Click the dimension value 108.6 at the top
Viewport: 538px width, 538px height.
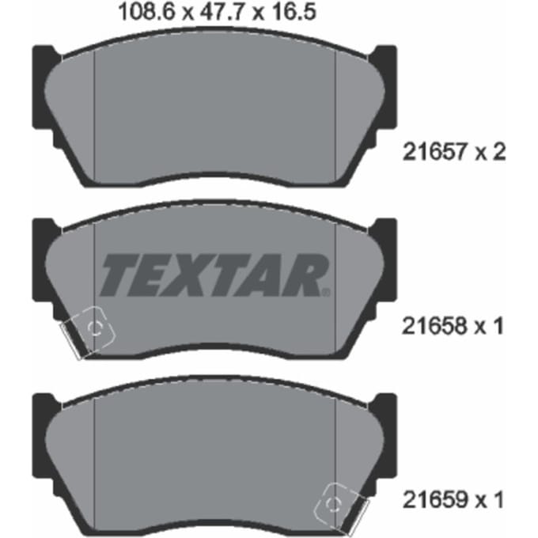point(146,12)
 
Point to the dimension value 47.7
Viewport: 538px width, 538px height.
point(222,12)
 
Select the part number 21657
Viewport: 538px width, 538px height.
point(435,152)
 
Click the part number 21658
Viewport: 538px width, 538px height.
point(434,326)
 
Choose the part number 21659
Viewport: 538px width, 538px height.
point(435,499)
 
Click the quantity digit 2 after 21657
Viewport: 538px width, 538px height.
point(498,152)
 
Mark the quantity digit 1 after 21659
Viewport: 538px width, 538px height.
point(498,499)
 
